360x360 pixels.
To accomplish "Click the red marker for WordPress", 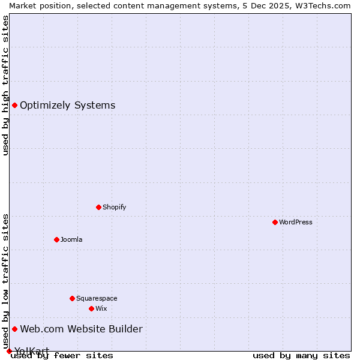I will (x=275, y=222).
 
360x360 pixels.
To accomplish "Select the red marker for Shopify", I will (x=98, y=207).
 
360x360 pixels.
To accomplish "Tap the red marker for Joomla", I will (x=56, y=239).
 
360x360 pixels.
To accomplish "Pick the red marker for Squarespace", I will (x=72, y=298).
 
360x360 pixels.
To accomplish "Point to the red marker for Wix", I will (x=91, y=308).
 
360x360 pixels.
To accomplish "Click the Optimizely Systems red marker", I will (x=14, y=106).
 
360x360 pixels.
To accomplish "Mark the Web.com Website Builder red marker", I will (x=14, y=329).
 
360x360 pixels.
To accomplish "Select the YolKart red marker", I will (x=9, y=351).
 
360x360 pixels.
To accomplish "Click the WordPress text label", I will (x=296, y=222).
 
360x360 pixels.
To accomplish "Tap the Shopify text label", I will (x=114, y=207).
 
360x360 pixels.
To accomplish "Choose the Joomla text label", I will (x=71, y=239).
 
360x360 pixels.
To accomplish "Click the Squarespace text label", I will (x=97, y=298).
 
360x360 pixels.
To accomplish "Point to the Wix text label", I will (x=101, y=308).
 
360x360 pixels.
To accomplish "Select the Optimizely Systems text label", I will (x=67, y=106).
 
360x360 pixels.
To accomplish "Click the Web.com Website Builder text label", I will (x=81, y=329).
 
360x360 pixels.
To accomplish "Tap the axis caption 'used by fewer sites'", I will (x=62, y=356).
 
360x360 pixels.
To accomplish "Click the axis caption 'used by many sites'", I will (x=301, y=356).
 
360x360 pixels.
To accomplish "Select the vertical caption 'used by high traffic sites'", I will (x=5, y=85).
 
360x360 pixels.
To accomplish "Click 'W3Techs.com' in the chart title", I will (x=328, y=5).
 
